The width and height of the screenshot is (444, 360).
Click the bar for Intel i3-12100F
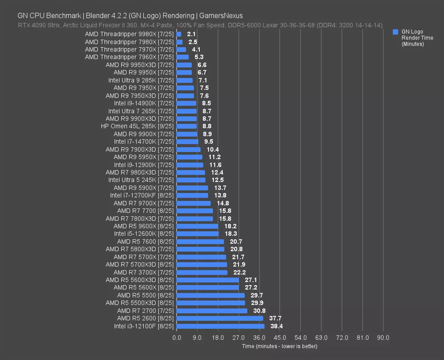tap(220, 326)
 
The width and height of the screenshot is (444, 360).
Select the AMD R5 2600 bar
tap(219, 318)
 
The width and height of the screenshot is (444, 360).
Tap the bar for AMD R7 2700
tap(212, 311)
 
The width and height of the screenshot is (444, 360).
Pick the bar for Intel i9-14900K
tap(186, 103)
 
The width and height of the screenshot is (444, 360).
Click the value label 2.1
tap(191, 34)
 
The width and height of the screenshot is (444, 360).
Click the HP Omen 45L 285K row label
tap(137, 126)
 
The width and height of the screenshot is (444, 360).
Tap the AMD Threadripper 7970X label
tap(129, 50)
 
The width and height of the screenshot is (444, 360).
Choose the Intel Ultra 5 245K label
tap(141, 180)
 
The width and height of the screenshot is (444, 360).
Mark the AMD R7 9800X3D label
tap(140, 172)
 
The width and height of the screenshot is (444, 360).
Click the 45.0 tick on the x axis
tap(280, 338)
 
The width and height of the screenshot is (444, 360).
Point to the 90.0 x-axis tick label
tap(383, 338)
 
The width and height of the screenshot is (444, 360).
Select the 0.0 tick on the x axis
tap(177, 338)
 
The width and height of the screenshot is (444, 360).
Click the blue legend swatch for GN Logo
tap(396, 32)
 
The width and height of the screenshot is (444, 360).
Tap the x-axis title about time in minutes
tap(279, 346)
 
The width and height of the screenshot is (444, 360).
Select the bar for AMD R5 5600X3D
tap(207, 280)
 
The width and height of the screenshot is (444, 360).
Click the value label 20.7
tap(236, 242)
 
